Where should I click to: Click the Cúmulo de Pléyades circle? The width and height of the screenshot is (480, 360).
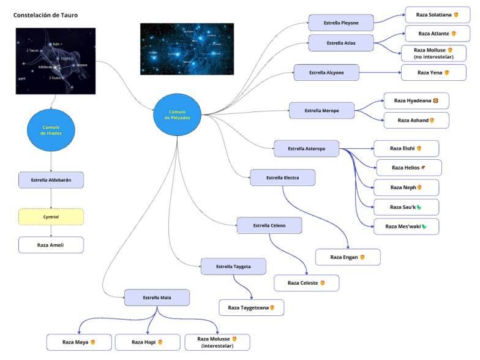coord(177,114)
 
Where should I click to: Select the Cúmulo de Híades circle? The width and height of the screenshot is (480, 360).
coord(51,130)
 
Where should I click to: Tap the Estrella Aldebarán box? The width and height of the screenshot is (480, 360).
coord(51,180)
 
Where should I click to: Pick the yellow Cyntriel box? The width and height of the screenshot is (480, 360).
coord(51,217)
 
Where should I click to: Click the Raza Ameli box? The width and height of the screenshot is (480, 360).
coord(51,245)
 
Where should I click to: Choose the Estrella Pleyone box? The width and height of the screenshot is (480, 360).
coord(341,23)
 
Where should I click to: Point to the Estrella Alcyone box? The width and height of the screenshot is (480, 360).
coord(326,72)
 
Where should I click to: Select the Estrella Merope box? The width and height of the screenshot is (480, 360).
coord(322,111)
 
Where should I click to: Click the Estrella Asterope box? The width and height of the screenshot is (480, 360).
coord(306,148)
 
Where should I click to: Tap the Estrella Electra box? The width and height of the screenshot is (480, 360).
coord(282,178)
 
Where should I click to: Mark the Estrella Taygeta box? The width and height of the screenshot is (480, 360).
coord(233,266)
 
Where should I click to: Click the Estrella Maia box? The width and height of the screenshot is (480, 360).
coord(157,298)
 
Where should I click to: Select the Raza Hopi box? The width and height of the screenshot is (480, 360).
coord(148,342)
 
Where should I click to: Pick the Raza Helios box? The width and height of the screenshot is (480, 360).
coord(408,167)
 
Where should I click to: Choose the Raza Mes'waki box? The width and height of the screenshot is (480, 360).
coord(406,227)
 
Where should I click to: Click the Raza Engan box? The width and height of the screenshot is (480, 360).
coord(348,257)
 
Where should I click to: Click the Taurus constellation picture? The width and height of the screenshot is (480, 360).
coord(56,61)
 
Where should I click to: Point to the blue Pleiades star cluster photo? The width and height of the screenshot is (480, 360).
coord(187,49)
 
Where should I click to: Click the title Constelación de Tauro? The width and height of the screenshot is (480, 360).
coord(46,15)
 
